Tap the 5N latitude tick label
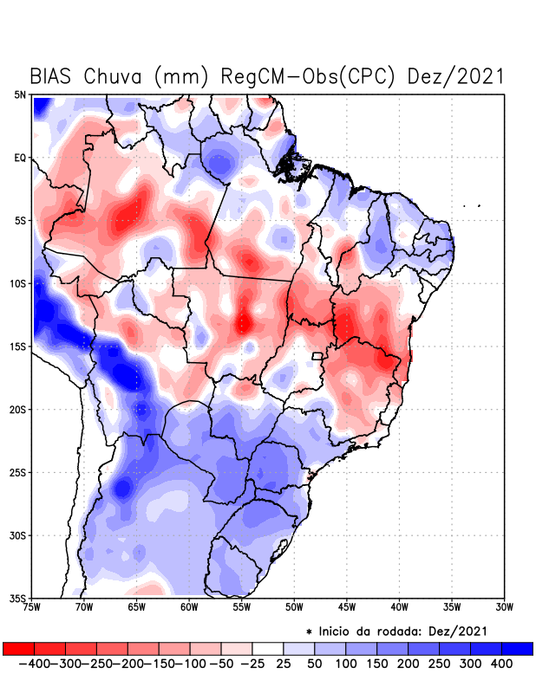pyautogui.click(x=19, y=94)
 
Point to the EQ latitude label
pyautogui.click(x=19, y=158)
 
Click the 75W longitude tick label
pyautogui.click(x=33, y=607)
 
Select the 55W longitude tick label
pyautogui.click(x=242, y=607)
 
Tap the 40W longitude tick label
pyautogui.click(x=399, y=607)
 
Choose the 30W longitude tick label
pyautogui.click(x=504, y=607)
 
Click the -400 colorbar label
pyautogui.click(x=36, y=664)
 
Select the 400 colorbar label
pyautogui.click(x=500, y=664)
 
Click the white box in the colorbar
pyautogui.click(x=267, y=648)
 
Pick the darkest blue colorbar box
pyautogui.click(x=517, y=648)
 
